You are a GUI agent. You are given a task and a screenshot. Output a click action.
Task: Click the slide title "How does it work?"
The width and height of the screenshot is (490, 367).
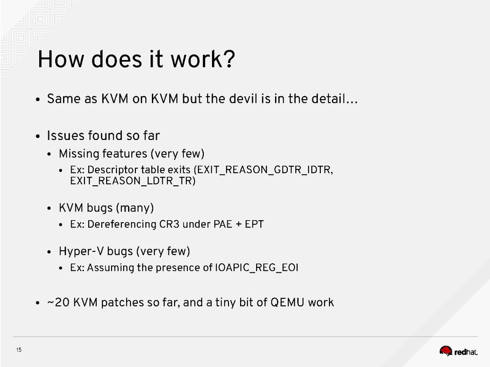coord(136,60)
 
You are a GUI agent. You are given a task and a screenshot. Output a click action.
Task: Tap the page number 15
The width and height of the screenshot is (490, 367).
coord(19,350)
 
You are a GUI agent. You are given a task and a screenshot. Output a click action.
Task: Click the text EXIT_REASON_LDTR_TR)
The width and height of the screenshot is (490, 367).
coord(132,181)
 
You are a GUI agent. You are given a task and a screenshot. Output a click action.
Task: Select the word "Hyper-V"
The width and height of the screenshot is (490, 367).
coord(78,251)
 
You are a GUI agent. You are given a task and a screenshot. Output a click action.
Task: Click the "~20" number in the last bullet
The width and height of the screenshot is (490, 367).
coord(59,302)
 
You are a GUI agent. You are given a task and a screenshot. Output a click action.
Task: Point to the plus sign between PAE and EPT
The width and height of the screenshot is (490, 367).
coord(235,224)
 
